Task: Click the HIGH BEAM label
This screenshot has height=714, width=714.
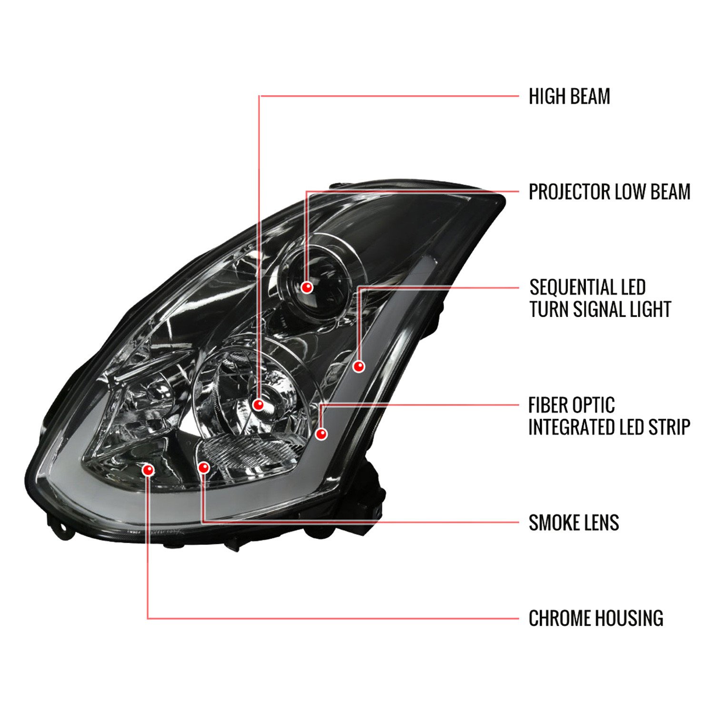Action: (x=569, y=97)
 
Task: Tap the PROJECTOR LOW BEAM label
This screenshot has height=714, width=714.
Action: (x=609, y=192)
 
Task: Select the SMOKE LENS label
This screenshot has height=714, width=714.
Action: (x=574, y=523)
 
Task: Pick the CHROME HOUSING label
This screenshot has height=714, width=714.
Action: (x=596, y=618)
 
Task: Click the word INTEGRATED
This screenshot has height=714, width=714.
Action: (x=564, y=427)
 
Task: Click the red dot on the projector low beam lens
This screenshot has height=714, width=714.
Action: (x=307, y=288)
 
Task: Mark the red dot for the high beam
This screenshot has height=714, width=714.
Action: (x=258, y=405)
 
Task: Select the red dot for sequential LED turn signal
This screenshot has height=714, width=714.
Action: (x=359, y=366)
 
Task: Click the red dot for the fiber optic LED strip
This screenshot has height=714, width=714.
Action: (x=322, y=434)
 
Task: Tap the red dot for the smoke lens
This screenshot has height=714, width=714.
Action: (x=204, y=467)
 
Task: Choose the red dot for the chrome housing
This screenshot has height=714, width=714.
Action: (x=149, y=470)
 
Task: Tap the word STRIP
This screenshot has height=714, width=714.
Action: (x=669, y=427)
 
